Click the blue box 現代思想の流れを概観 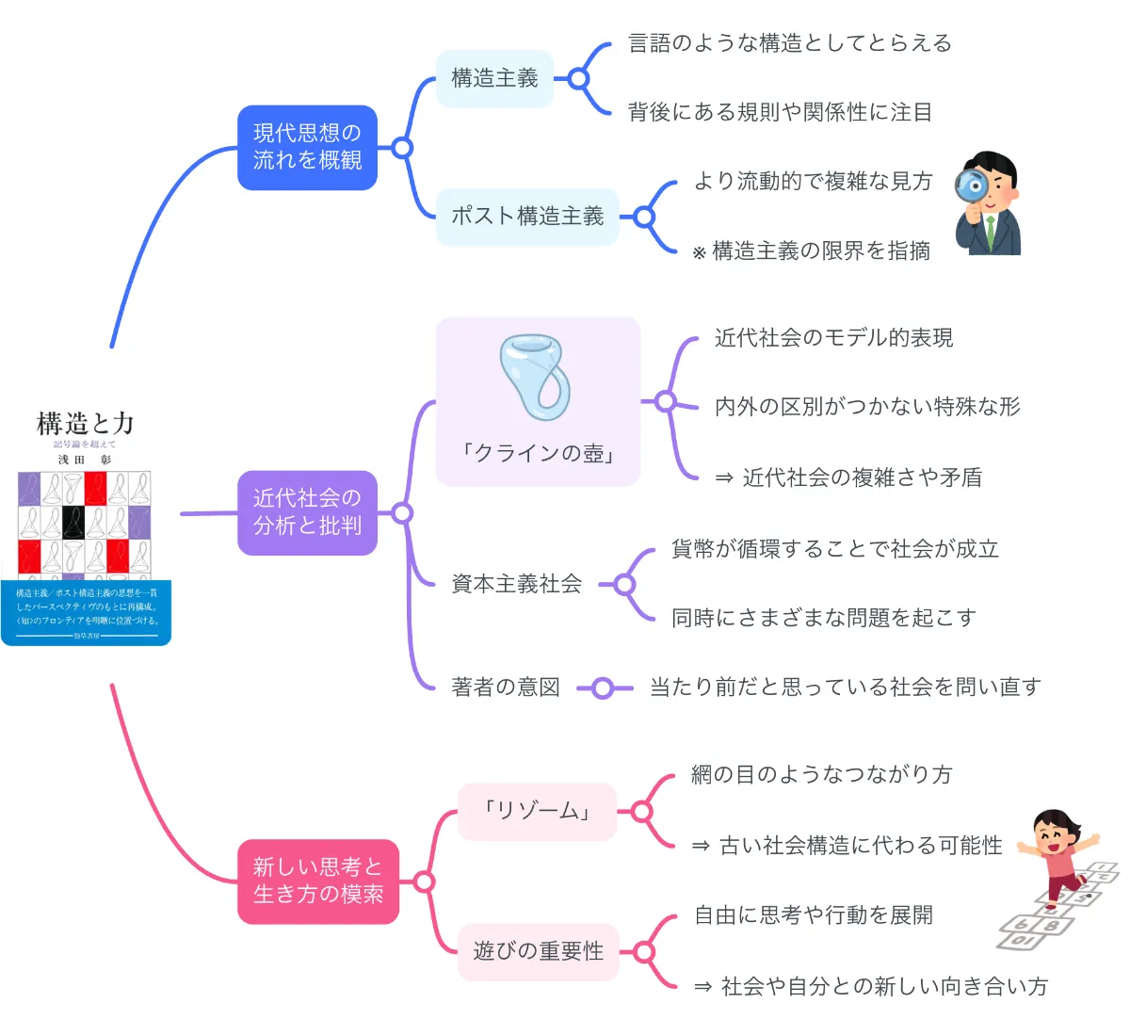pyautogui.click(x=307, y=147)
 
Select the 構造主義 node pyautogui.click(x=494, y=78)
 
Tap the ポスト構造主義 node pyautogui.click(x=527, y=217)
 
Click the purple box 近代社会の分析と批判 pyautogui.click(x=307, y=512)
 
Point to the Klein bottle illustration pyautogui.click(x=536, y=377)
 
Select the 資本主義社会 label pyautogui.click(x=516, y=584)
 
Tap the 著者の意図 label pyautogui.click(x=506, y=687)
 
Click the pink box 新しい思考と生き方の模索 pyautogui.click(x=317, y=881)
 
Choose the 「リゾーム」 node pyautogui.click(x=537, y=811)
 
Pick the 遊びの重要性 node pyautogui.click(x=538, y=951)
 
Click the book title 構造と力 pyautogui.click(x=85, y=424)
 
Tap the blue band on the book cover pyautogui.click(x=86, y=612)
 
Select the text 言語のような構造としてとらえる pyautogui.click(x=789, y=43)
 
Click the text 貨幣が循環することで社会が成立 pyautogui.click(x=834, y=549)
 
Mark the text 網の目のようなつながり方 pyautogui.click(x=821, y=775)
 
